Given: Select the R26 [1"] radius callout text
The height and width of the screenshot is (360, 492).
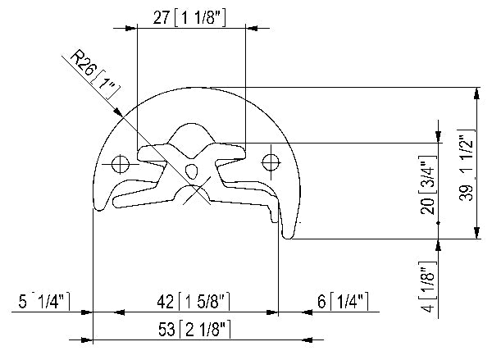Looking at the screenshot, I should [92, 72].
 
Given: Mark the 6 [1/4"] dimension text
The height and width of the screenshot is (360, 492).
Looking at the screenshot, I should [343, 301].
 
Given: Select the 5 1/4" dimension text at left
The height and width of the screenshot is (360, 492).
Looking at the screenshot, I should [39, 301].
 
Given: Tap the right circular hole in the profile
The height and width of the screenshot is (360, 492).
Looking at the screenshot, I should [271, 162].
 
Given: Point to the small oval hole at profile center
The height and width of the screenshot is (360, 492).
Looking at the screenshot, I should [193, 171].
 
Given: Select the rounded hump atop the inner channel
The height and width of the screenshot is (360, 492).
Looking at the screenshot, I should [192, 131].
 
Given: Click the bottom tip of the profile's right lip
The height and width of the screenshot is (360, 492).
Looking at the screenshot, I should [287, 236].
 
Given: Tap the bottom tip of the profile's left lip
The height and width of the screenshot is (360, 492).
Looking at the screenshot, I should [99, 209].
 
